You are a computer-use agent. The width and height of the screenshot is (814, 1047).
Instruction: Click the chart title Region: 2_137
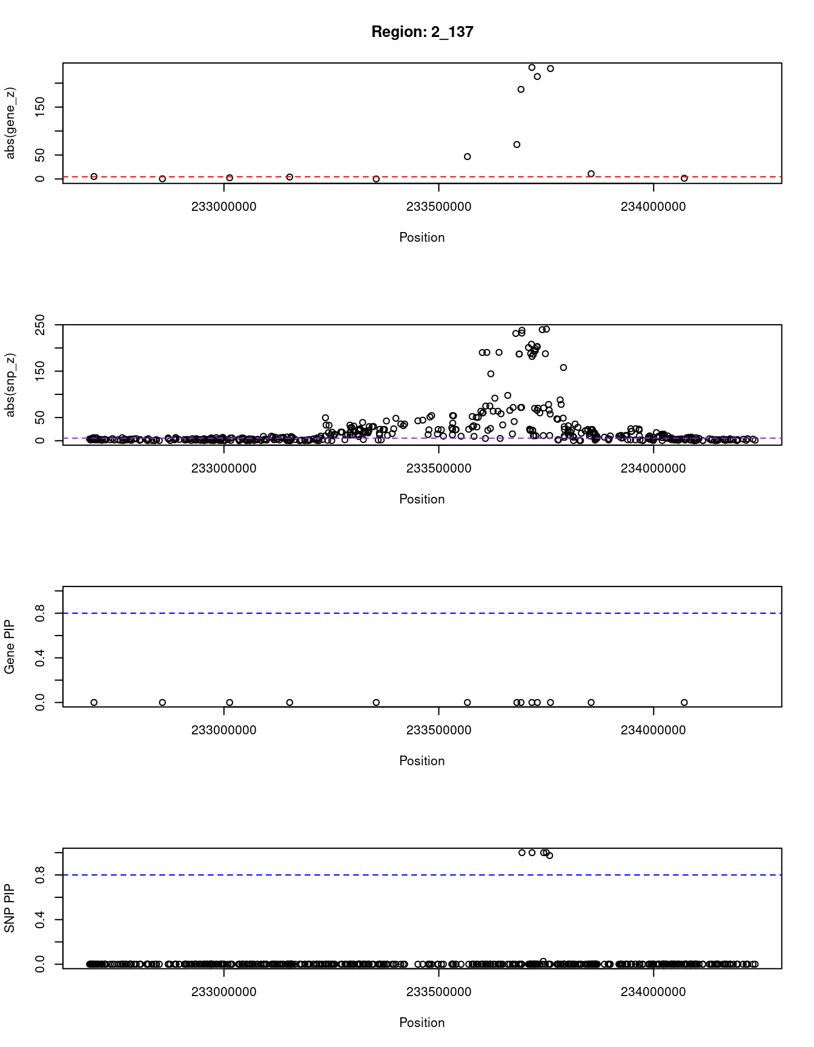click(x=422, y=32)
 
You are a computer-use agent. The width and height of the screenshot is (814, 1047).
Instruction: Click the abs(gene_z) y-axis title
click(x=10, y=123)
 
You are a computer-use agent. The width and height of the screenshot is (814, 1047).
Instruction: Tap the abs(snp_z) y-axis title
click(x=10, y=385)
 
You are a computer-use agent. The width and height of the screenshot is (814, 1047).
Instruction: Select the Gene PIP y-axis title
click(x=10, y=647)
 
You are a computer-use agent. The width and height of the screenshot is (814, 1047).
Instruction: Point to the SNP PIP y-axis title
click(x=10, y=909)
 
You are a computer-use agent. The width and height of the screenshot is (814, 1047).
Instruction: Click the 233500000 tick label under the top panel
click(x=438, y=207)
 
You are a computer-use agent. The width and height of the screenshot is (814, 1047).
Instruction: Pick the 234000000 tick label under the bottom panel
click(x=653, y=992)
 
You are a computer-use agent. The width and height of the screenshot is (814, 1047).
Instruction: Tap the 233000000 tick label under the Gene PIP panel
click(x=224, y=730)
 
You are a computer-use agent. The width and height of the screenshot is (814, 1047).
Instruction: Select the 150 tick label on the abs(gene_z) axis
click(x=41, y=107)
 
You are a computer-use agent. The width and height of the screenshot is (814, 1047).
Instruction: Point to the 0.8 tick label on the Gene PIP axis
click(x=41, y=613)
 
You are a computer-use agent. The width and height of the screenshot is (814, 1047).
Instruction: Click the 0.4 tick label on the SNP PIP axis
click(x=41, y=920)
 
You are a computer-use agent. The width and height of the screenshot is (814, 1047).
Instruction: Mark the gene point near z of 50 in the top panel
click(x=468, y=157)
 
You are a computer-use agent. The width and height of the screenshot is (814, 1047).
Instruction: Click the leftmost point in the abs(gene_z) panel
click(x=94, y=176)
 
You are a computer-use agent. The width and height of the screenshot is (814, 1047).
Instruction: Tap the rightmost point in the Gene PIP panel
click(x=684, y=703)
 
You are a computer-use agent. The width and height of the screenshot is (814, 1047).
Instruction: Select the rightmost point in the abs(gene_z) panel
click(x=684, y=178)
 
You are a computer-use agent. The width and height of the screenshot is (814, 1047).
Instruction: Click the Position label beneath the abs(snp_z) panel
click(x=422, y=499)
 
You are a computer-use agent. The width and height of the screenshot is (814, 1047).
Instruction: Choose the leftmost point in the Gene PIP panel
click(x=94, y=703)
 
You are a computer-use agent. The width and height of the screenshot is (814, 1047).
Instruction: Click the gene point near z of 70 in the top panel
click(x=517, y=145)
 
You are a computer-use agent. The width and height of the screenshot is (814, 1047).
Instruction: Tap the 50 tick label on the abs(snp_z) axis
click(x=41, y=417)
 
